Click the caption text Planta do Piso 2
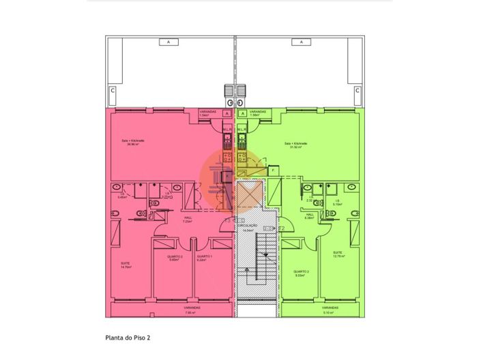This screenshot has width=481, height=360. coord(128,337)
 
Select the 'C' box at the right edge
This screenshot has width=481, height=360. coord(357,90)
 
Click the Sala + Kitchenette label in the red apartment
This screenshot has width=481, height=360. coord(133,142)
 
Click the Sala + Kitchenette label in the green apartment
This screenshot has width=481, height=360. coord(296,145)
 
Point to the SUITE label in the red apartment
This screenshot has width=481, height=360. coord(125,264)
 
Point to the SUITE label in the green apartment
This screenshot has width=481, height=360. coord(337,252)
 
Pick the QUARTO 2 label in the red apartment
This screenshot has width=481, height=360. coord(175,257)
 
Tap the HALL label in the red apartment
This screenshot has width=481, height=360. coord(186,219)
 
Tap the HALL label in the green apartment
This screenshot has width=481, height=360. coord(309,215)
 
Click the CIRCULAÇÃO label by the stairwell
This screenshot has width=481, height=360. coord(247,226)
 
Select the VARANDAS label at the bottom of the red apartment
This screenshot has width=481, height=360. coord(192,308)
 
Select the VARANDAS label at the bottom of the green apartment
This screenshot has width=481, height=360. coord(330,308)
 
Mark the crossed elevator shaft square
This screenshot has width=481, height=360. coord(248,195)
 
